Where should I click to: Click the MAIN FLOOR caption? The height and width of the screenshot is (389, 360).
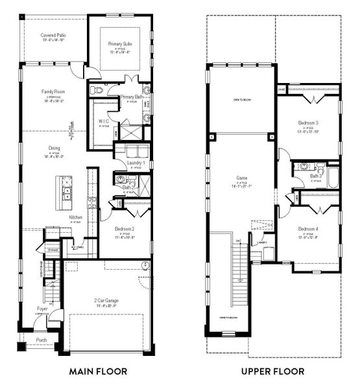tap(98, 371)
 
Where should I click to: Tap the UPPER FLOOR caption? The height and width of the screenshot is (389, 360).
tap(272, 371)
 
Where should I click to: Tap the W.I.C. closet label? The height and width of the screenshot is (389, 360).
tap(102, 121)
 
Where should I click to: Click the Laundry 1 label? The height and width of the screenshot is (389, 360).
tap(136, 162)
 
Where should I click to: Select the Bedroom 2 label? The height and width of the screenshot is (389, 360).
tap(125, 229)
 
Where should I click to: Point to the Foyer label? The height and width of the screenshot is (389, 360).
tap(42, 309)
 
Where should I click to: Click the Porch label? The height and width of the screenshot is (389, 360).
tap(42, 339)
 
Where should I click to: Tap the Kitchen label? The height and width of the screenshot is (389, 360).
tap(76, 217)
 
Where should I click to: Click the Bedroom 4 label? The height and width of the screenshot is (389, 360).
tap(308, 229)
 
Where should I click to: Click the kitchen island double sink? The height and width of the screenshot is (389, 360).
tap(66, 193)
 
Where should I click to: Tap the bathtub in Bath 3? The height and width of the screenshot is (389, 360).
tap(332, 177)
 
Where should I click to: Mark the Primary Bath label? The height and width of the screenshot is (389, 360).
tap(132, 97)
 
